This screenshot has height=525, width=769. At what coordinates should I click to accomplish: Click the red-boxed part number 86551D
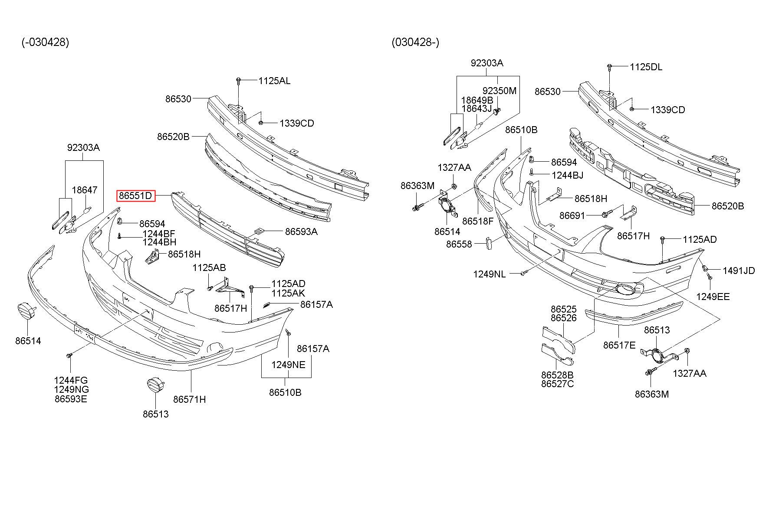(135, 196)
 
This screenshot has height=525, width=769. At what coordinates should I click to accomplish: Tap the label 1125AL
(274, 81)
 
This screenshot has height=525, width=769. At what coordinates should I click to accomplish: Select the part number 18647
(85, 190)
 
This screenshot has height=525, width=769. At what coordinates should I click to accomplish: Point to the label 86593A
(301, 232)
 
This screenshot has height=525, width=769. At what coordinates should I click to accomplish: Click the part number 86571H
(190, 399)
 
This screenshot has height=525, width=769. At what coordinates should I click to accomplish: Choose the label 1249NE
(289, 365)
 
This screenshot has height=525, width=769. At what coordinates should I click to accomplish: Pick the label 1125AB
(209, 268)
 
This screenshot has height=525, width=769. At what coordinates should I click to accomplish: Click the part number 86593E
(71, 399)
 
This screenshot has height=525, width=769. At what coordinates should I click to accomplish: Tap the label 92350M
(500, 91)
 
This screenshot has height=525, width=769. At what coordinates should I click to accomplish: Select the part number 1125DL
(646, 67)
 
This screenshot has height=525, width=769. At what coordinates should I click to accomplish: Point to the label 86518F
(478, 221)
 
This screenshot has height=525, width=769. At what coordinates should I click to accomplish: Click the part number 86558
(459, 244)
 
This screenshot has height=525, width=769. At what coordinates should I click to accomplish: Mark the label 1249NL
(490, 274)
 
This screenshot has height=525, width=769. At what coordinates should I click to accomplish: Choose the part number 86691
(572, 215)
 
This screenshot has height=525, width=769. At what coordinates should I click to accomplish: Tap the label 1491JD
(739, 271)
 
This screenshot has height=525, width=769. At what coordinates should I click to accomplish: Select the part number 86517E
(619, 345)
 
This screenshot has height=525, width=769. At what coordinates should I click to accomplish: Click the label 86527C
(557, 384)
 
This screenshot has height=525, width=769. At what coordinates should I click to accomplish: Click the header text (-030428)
(45, 42)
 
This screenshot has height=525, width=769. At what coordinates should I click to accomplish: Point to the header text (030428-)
(415, 42)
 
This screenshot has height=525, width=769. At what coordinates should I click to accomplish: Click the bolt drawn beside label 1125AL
(238, 81)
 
